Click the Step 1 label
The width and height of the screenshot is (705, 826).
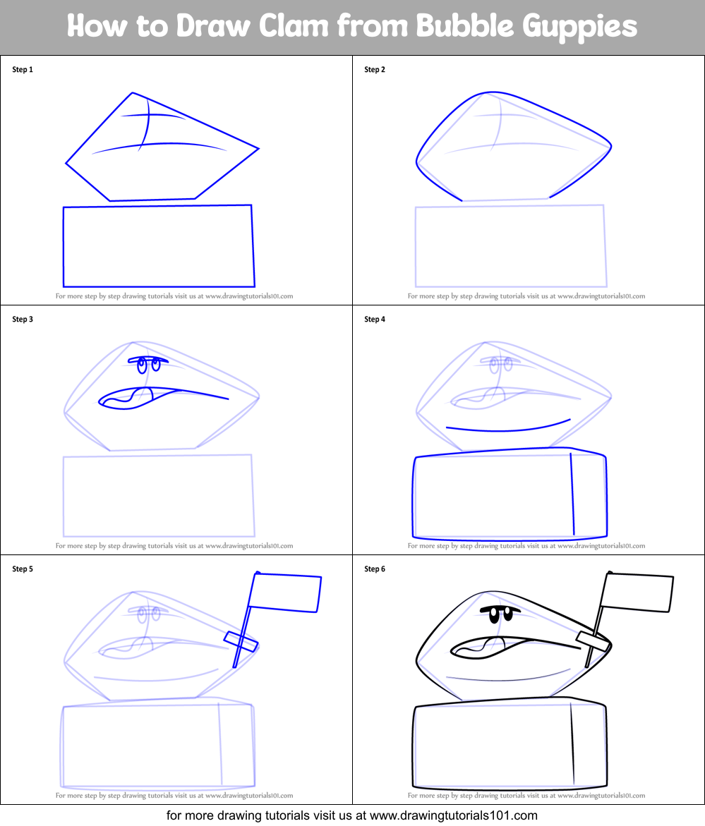click(x=23, y=70)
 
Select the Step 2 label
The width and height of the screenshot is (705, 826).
click(x=375, y=70)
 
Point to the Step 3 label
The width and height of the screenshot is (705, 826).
click(x=23, y=320)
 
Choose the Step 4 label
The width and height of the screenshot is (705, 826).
click(x=375, y=320)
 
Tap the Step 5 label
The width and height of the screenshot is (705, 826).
click(x=23, y=569)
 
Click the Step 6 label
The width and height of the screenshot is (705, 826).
click(x=375, y=569)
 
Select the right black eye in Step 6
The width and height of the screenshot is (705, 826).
click(x=507, y=616)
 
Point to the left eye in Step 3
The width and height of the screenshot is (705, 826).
click(x=142, y=365)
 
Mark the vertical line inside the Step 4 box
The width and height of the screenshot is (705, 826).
click(x=572, y=494)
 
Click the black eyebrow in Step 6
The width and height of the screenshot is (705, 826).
click(x=500, y=608)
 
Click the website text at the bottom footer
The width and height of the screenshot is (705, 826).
click(x=352, y=815)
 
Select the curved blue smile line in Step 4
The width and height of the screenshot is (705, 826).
click(x=508, y=429)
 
